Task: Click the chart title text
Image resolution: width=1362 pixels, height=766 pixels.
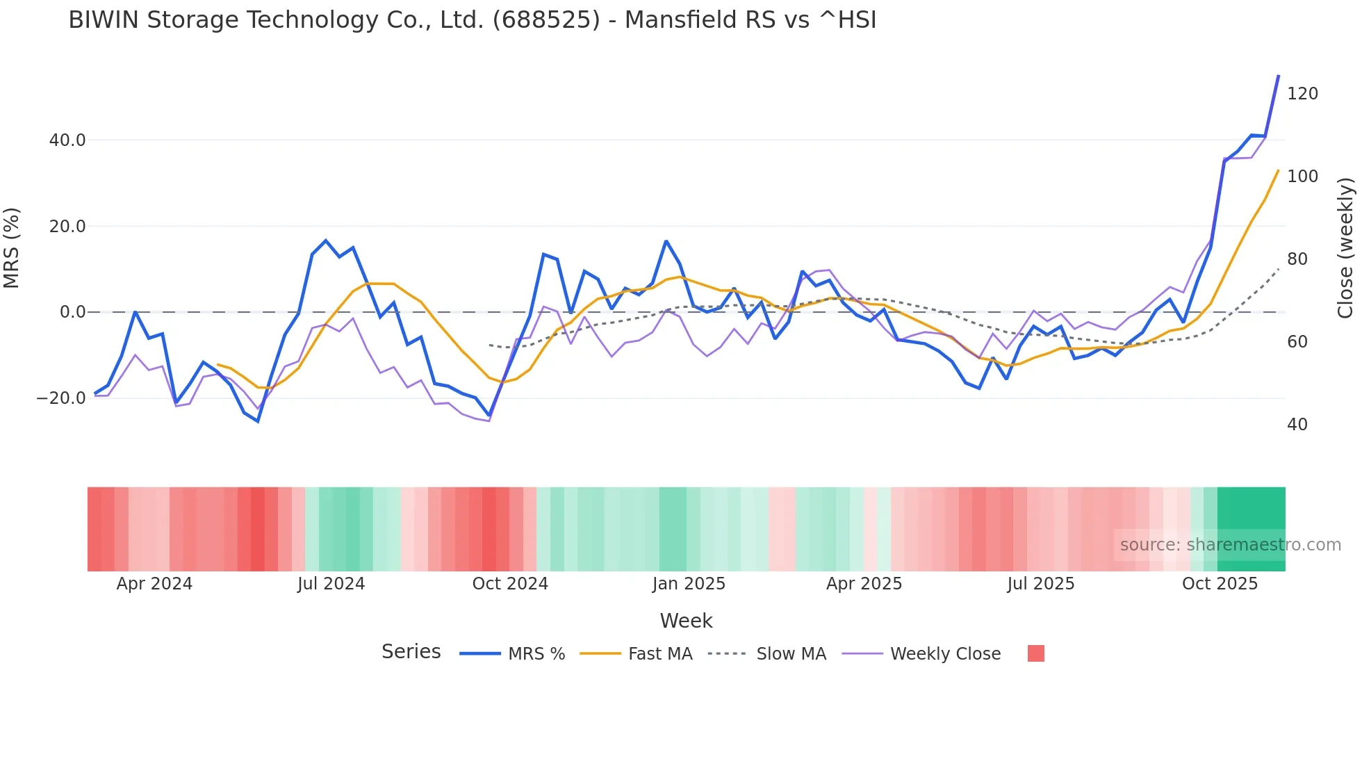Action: [472, 20]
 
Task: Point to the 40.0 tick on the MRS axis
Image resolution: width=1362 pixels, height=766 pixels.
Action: [67, 140]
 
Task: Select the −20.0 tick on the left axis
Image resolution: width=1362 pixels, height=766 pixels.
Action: [61, 399]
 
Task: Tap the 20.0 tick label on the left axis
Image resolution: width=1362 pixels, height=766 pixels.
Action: [67, 227]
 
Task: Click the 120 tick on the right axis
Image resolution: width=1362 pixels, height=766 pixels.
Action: [1302, 94]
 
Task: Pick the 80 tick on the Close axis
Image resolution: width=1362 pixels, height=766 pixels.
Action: [1297, 259]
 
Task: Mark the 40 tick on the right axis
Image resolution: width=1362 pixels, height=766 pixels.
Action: [1297, 425]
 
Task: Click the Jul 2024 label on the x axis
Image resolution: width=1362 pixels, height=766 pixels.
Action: [331, 584]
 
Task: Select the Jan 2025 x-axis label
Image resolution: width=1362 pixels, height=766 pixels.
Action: [689, 584]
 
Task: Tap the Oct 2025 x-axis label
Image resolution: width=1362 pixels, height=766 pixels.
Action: [1220, 584]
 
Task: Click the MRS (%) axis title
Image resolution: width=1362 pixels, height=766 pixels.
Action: [12, 248]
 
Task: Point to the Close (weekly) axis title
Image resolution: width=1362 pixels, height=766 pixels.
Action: [1345, 248]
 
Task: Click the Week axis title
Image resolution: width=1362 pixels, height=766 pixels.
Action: [686, 621]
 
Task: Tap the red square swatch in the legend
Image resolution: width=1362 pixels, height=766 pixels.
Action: [1035, 653]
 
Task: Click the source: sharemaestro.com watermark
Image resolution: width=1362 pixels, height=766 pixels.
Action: [1230, 545]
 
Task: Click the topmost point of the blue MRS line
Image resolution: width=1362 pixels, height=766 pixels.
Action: [1278, 76]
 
